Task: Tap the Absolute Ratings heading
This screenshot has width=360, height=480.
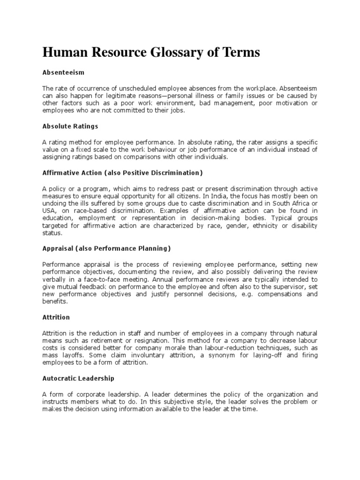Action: [x=70, y=126]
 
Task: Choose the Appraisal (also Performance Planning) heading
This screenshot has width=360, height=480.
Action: [x=106, y=248]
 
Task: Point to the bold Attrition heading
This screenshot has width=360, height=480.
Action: [x=56, y=317]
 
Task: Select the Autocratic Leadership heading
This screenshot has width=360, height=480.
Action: [x=78, y=378]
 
